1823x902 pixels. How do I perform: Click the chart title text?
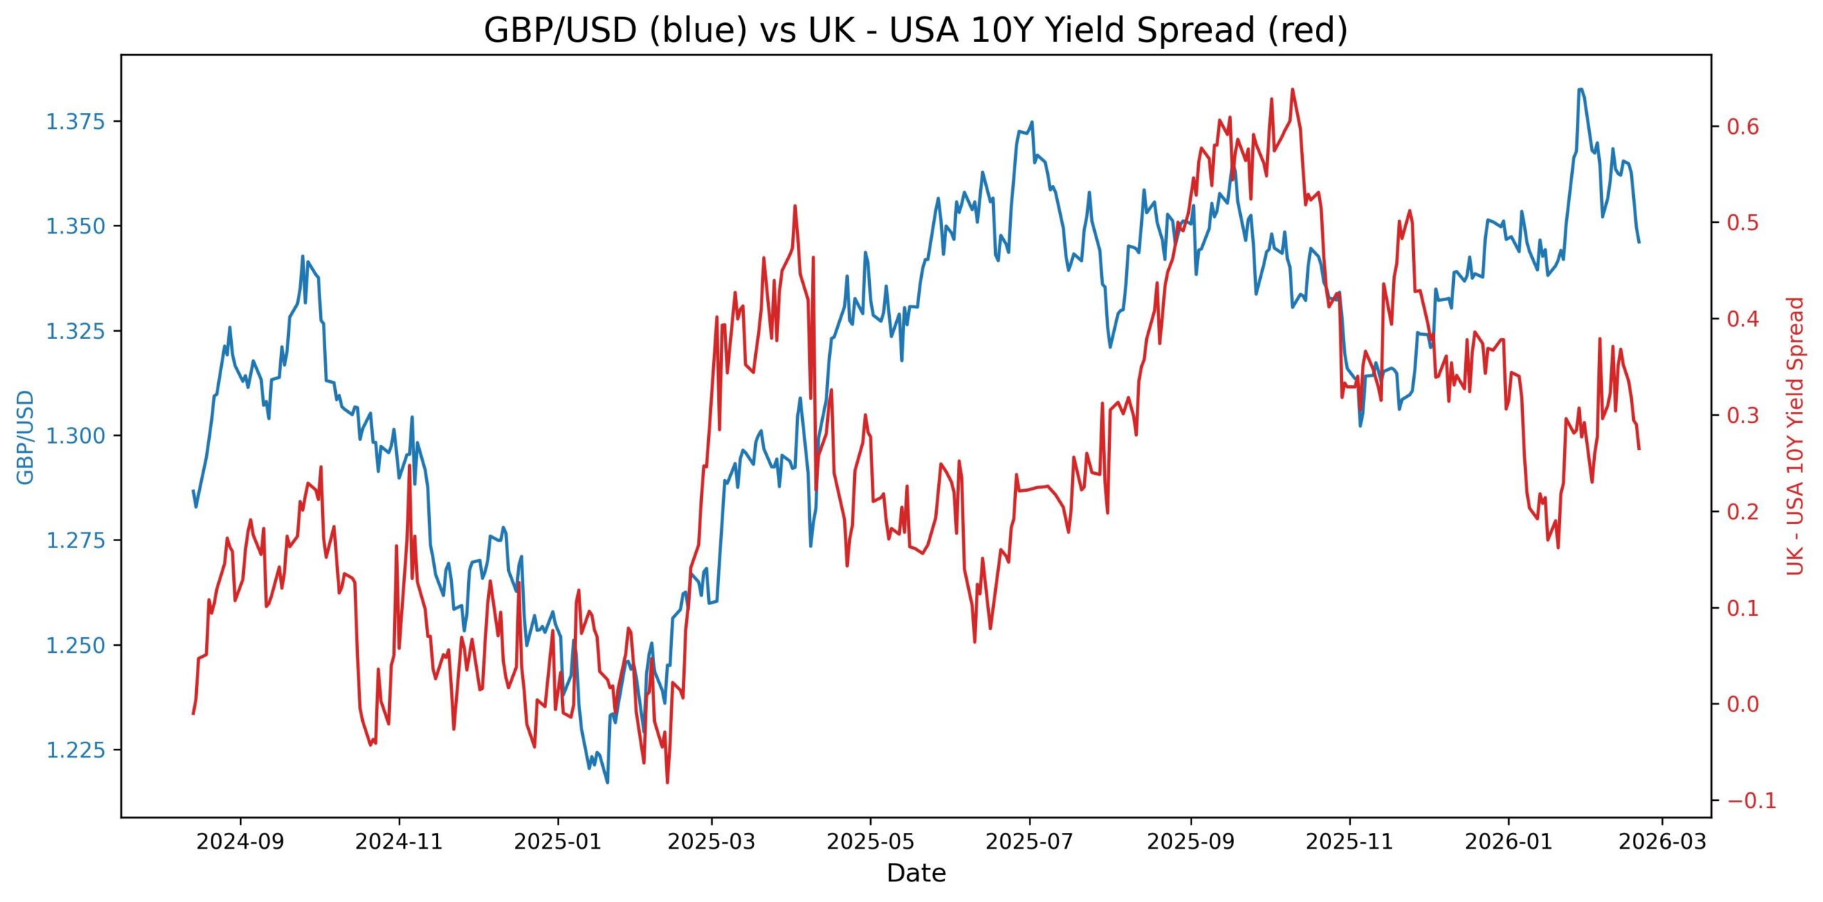(916, 31)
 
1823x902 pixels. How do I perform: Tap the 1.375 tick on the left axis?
(75, 122)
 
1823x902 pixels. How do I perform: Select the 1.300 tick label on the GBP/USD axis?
(75, 436)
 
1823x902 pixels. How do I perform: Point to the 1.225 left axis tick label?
(75, 750)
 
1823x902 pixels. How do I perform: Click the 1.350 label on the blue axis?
(75, 226)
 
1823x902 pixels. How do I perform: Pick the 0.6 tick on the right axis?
(1743, 127)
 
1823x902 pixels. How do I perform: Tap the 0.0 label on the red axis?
(1743, 704)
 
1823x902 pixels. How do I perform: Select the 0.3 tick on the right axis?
(1743, 415)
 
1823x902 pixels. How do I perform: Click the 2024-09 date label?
(240, 841)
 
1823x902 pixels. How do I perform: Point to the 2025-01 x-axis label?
(558, 841)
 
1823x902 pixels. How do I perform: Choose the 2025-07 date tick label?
(1029, 841)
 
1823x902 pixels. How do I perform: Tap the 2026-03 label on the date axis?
(1662, 841)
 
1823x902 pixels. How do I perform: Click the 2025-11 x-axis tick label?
(1349, 841)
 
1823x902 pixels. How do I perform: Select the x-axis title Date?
(916, 873)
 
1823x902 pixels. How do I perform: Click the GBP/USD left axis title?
(26, 436)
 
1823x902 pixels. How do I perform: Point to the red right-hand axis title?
(1795, 436)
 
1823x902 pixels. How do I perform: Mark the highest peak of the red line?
(1292, 89)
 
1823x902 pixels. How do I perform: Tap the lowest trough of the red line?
(667, 782)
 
